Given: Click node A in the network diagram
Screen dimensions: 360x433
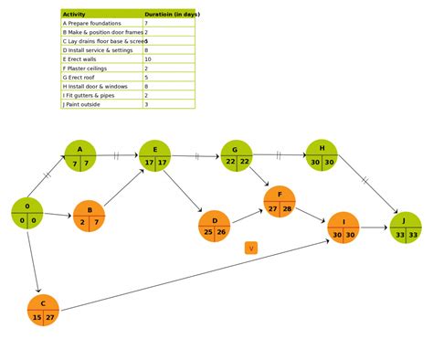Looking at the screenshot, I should (x=80, y=156).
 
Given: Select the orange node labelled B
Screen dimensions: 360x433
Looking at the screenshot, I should (x=89, y=216).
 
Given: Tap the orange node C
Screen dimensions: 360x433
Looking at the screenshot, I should (x=43, y=311).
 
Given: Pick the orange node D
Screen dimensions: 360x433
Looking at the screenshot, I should (x=215, y=226).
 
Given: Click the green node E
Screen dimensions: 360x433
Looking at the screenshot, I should (x=154, y=156).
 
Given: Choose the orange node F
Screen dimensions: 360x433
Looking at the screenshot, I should (x=280, y=202).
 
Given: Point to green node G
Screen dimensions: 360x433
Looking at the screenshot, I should (x=237, y=155).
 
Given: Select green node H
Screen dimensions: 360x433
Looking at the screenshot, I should (x=322, y=155).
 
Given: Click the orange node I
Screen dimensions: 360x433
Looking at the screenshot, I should (x=343, y=228).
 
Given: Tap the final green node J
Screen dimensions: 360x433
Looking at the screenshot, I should (x=406, y=228).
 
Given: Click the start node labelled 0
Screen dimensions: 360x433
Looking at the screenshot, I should (x=27, y=213).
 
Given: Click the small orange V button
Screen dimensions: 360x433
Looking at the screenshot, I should (x=251, y=248).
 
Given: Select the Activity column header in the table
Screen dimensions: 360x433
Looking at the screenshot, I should (x=101, y=14).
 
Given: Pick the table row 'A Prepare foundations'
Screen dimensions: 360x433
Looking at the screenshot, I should (x=101, y=23).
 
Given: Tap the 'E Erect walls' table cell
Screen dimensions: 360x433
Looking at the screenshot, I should (x=101, y=59).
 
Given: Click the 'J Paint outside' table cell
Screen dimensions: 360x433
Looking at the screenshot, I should (x=101, y=104).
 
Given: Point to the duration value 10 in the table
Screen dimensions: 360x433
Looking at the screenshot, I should (x=148, y=59).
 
